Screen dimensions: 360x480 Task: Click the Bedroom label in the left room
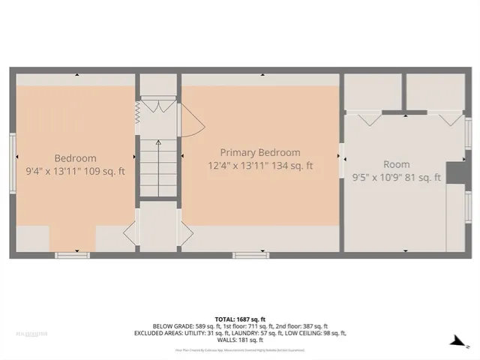click(x=75, y=158)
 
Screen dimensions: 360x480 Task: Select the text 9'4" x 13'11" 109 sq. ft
click(x=75, y=171)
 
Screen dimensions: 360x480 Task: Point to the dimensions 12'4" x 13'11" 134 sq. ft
click(x=260, y=165)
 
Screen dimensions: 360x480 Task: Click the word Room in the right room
click(x=397, y=164)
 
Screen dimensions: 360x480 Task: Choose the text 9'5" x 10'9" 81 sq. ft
click(x=397, y=178)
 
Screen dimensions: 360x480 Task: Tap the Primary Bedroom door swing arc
click(x=190, y=120)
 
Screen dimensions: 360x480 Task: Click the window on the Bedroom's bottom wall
click(x=72, y=256)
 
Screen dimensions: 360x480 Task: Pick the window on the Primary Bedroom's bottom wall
click(x=250, y=256)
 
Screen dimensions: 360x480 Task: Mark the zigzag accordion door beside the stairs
click(x=138, y=112)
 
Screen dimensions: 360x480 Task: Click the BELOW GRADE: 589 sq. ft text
click(x=179, y=326)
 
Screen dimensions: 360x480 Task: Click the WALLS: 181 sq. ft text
click(x=239, y=340)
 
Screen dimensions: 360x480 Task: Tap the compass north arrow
click(x=454, y=342)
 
